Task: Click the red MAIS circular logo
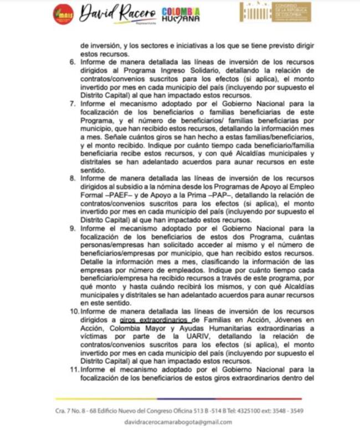tap(63, 14)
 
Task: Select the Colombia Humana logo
tap(181, 14)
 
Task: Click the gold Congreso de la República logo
tap(275, 12)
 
